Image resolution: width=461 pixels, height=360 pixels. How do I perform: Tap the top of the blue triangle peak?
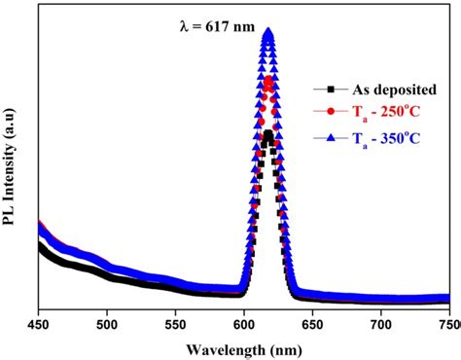coord(267,32)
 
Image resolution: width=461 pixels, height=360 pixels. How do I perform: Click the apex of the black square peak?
coord(267,133)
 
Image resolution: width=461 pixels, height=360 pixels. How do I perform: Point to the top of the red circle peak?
coord(267,81)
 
